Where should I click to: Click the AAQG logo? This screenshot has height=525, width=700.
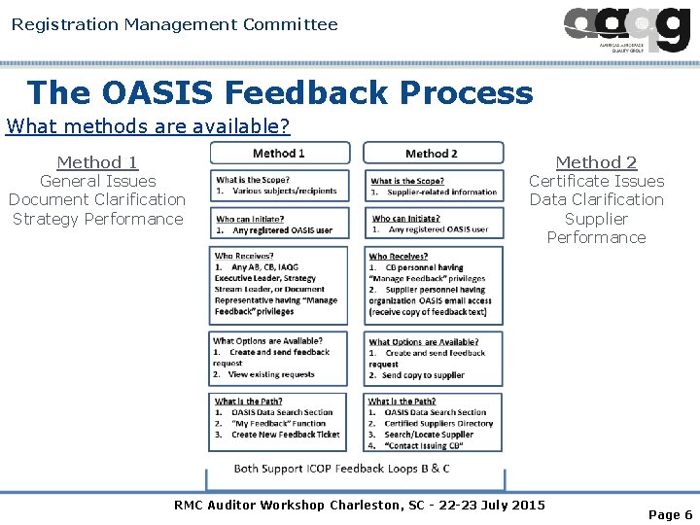click(x=626, y=29)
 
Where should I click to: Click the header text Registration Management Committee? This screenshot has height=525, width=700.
click(x=175, y=24)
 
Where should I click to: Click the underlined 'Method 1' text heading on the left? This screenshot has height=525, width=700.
click(x=97, y=162)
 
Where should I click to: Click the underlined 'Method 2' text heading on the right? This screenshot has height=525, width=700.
click(x=596, y=162)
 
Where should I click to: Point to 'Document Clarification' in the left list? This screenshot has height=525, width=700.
click(x=97, y=199)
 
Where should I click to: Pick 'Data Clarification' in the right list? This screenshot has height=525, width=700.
click(x=596, y=199)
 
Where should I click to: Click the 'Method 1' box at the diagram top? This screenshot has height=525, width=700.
click(x=279, y=153)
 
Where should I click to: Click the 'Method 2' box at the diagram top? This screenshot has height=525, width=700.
click(x=433, y=153)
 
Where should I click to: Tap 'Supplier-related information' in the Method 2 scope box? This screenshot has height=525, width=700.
click(x=440, y=192)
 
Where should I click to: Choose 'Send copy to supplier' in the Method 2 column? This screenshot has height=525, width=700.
click(x=422, y=375)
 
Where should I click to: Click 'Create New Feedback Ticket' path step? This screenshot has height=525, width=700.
click(x=285, y=435)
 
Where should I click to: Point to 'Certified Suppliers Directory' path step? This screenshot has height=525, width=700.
click(x=438, y=424)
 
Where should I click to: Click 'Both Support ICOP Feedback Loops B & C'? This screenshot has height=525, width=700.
click(x=341, y=469)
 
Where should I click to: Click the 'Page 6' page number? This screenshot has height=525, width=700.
click(x=670, y=514)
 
